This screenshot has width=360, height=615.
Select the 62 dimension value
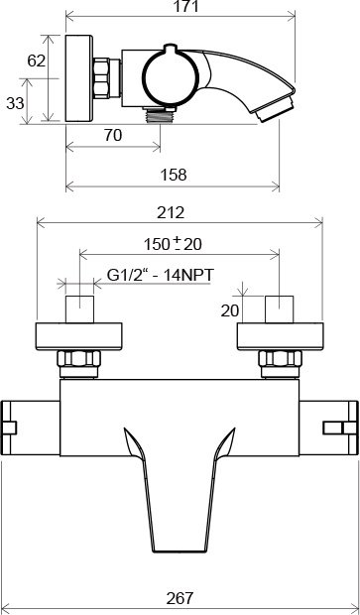coord(37,61)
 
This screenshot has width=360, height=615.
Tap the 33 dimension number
coord(15,103)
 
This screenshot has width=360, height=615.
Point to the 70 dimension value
coord(113,135)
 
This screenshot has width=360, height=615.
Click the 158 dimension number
coord(174,175)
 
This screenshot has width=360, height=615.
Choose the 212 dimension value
coord(171,212)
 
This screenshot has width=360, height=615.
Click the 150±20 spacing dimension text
coord(173,244)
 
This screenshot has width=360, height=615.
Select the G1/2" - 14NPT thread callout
coord(161,275)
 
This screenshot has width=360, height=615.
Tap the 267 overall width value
coord(180,598)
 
